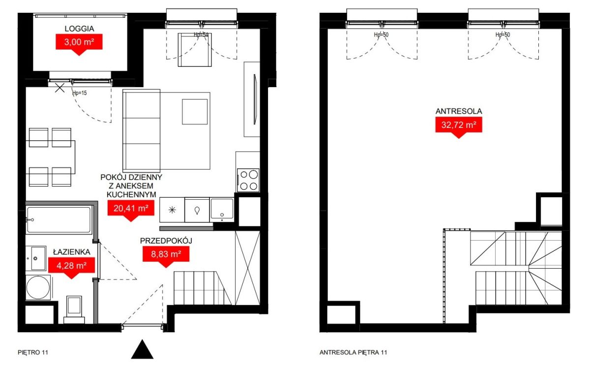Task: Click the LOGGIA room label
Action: pos(79,29)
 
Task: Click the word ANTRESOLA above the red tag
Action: pos(459,111)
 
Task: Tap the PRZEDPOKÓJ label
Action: pos(166,241)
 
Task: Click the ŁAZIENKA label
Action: pos(72,252)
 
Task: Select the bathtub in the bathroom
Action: pos(59,220)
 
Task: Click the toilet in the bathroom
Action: pos(74,309)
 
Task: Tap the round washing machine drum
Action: pos(38,287)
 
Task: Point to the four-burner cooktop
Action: pos(248,180)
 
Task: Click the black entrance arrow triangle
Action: pos(142,350)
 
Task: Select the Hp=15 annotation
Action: pos(80,93)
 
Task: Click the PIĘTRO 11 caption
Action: pos(33,352)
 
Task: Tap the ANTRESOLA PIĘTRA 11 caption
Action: pos(353,352)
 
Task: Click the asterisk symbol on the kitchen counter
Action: pos(172,210)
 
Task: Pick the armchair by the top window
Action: pos(195,50)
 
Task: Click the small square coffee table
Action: pos(195,112)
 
